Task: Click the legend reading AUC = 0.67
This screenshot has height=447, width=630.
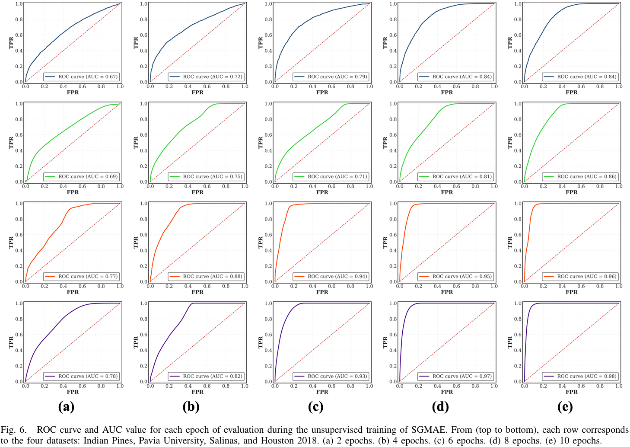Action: click(x=81, y=77)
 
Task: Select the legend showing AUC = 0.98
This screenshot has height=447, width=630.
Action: click(x=580, y=376)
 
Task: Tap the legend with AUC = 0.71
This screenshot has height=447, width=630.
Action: click(x=331, y=176)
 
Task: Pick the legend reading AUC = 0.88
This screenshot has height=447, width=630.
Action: click(x=206, y=276)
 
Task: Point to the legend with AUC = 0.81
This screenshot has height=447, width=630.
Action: click(x=455, y=176)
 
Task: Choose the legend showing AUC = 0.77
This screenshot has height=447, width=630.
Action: click(x=81, y=276)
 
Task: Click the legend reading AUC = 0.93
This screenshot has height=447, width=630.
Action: click(x=331, y=376)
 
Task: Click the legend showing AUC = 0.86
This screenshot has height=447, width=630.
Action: click(x=580, y=176)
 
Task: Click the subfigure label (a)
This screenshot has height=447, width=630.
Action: click(x=66, y=406)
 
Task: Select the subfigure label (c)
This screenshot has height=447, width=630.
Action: click(x=316, y=406)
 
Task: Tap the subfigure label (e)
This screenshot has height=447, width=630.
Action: click(x=565, y=406)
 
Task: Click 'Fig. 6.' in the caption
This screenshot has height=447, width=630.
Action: click(x=13, y=430)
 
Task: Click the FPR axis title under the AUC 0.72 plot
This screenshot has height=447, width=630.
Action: click(x=197, y=93)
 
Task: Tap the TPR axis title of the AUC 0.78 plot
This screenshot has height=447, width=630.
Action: click(x=11, y=342)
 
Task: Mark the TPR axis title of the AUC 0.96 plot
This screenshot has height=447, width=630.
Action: click(x=510, y=243)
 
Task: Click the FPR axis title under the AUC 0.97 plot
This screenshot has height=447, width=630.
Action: click(x=447, y=392)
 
